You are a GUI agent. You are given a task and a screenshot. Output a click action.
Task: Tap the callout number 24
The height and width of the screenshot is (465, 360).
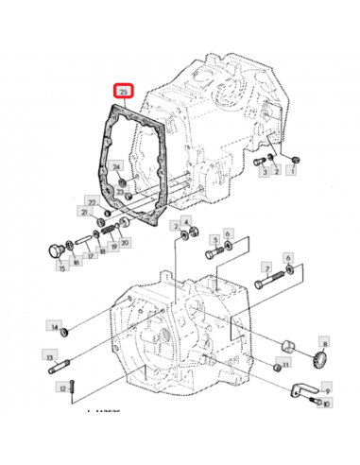click(x=117, y=166)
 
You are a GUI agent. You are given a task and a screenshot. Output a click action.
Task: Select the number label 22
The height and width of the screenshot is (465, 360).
click(x=91, y=202)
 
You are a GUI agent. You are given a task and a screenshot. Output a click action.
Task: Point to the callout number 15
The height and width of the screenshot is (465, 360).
click(x=61, y=268)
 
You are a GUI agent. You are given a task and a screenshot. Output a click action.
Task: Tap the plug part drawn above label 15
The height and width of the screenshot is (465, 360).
click(x=53, y=250)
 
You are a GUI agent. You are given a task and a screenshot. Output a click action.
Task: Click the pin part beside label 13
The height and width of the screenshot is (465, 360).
click(x=77, y=359)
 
